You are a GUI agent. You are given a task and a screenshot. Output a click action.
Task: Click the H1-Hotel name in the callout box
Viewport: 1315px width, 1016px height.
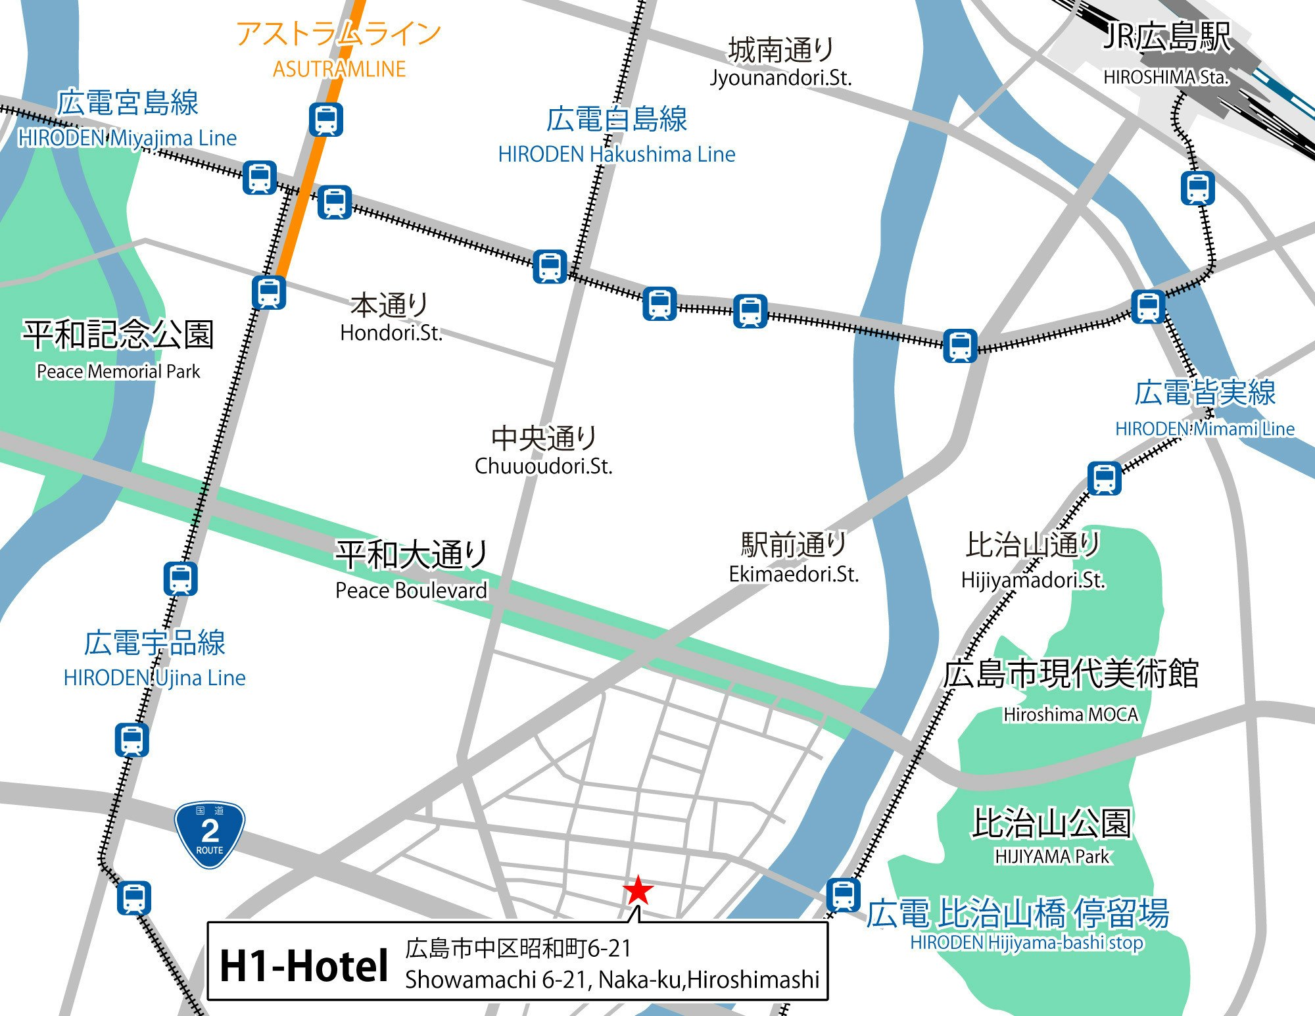304,966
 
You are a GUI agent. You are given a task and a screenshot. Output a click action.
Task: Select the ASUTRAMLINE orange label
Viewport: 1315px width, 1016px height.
339,69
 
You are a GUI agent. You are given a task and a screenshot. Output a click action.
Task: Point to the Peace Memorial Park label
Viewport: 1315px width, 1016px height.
118,372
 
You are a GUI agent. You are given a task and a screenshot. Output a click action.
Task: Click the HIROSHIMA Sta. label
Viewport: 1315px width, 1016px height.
1166,77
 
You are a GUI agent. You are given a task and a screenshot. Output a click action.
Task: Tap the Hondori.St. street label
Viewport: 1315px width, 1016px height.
391,333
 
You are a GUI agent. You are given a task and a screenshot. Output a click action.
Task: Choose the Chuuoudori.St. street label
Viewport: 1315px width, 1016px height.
544,466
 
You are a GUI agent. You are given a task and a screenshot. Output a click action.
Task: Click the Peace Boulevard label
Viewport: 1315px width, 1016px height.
412,590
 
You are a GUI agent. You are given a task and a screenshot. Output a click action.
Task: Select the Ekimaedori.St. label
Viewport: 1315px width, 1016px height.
794,574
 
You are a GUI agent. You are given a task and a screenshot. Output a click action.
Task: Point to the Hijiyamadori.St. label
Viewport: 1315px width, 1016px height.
1033,579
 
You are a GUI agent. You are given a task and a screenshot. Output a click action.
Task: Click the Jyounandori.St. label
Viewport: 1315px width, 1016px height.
780,78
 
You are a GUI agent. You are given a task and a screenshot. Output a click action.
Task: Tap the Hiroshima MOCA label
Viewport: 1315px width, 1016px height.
1070,714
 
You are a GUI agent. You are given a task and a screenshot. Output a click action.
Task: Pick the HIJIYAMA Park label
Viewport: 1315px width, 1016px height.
1051,856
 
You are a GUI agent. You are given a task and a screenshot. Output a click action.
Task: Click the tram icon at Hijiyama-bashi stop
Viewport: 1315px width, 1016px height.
843,895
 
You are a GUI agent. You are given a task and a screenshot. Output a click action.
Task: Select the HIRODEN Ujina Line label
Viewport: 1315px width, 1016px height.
155,677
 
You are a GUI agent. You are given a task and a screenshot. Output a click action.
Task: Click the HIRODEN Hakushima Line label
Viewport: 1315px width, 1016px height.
617,154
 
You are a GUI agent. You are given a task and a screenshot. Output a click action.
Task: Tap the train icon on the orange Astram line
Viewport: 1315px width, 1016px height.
326,120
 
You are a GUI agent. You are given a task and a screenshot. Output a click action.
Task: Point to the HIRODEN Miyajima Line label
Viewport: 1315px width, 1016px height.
127,137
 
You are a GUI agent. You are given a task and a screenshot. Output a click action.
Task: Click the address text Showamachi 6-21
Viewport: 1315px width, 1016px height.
612,979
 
